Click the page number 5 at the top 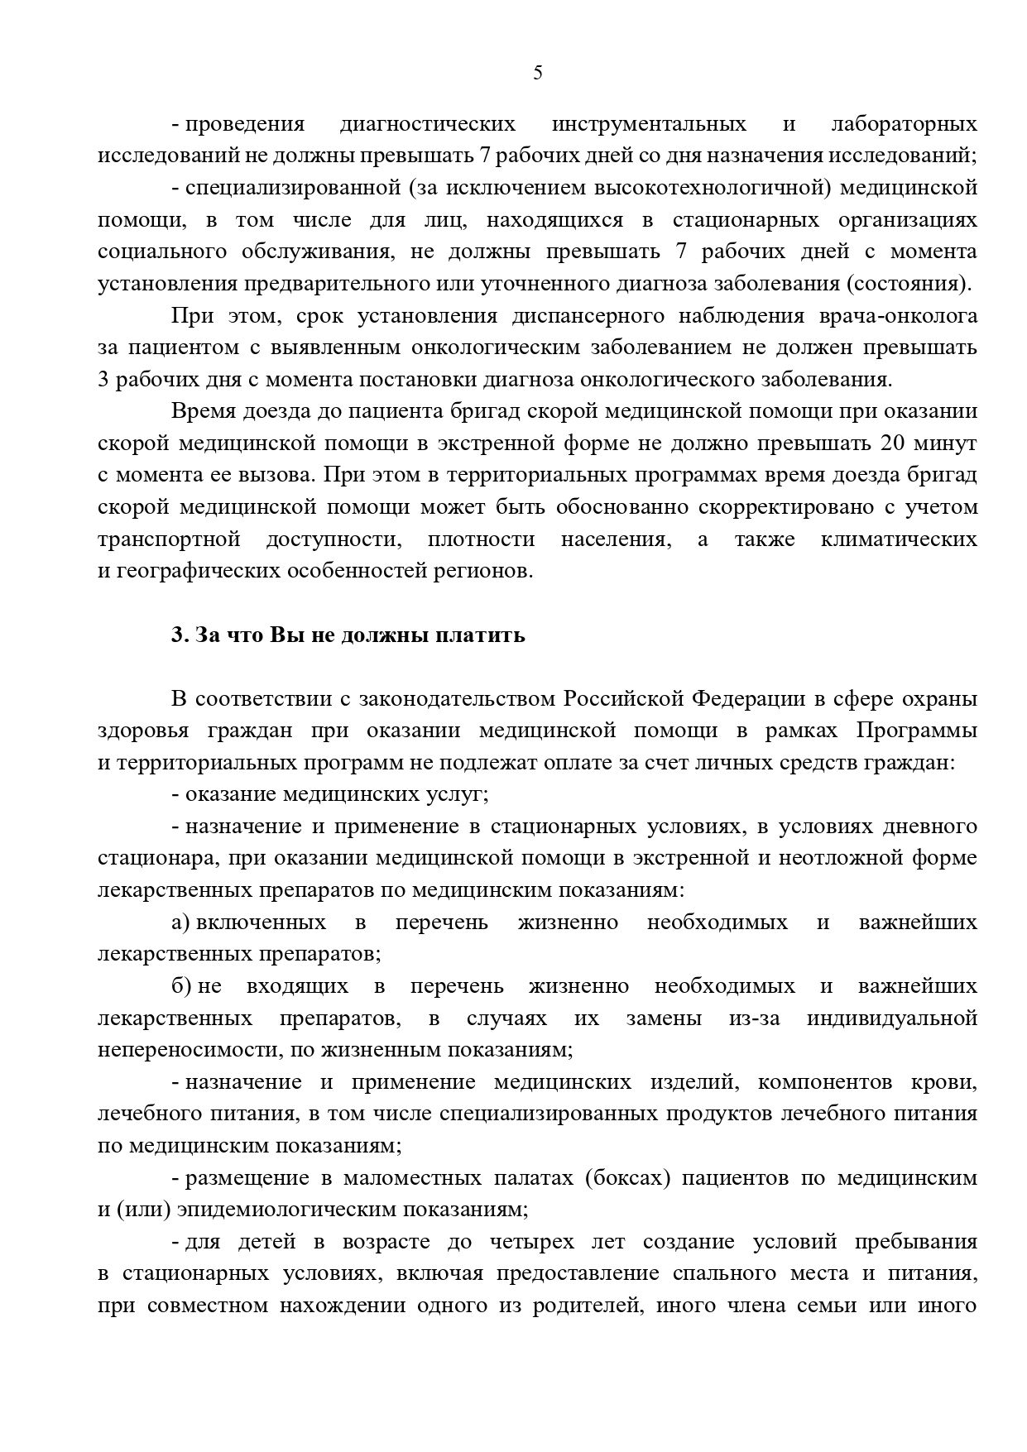click(x=538, y=74)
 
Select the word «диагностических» click(x=427, y=124)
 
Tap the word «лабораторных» click(x=904, y=124)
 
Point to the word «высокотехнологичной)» click(x=713, y=188)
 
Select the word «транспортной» click(x=169, y=539)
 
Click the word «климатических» click(x=899, y=539)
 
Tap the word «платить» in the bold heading click(x=486, y=635)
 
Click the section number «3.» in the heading click(x=180, y=635)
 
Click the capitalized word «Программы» click(x=916, y=731)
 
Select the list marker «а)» click(x=181, y=922)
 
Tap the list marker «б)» click(x=181, y=986)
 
